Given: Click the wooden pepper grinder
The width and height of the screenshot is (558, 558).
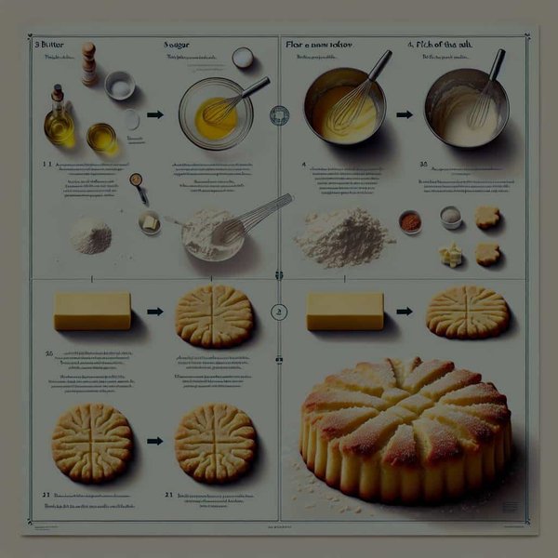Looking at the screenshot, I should click(x=88, y=63).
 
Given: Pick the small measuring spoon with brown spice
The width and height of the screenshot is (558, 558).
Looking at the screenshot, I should click(x=138, y=186).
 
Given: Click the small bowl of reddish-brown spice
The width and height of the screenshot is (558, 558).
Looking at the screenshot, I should click(x=409, y=221).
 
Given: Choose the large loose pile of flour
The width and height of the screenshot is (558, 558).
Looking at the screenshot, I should click(x=345, y=236).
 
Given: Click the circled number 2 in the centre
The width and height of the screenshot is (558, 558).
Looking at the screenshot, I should click(x=277, y=312).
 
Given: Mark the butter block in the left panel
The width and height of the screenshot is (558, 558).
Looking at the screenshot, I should click(x=92, y=311).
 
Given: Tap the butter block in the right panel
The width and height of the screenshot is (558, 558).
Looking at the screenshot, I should click(x=345, y=311).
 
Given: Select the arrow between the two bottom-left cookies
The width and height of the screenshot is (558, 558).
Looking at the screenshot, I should click(x=155, y=440).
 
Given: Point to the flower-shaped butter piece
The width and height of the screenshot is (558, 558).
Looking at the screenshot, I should click(x=451, y=255).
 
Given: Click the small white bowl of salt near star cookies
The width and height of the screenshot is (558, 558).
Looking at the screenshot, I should click(x=450, y=217).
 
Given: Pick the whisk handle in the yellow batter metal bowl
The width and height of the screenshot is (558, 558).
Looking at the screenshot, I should click(x=379, y=65).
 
